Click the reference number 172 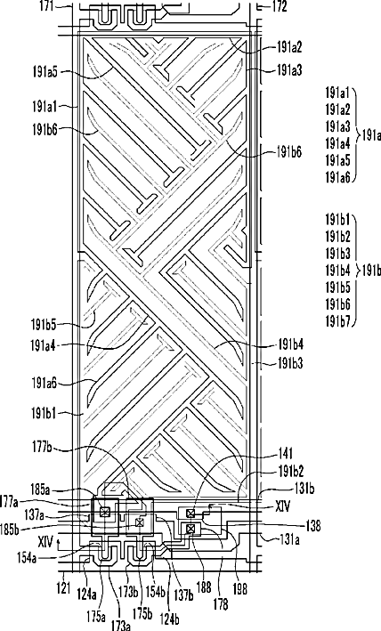pos(280,6)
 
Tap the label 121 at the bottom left pos(64,587)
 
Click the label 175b pos(142,615)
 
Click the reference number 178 pos(222,603)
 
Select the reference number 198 pos(240,589)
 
